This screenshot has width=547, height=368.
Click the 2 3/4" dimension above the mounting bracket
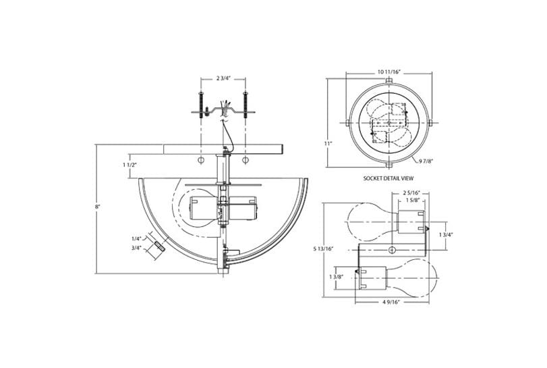223,78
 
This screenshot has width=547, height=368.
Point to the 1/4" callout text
136,238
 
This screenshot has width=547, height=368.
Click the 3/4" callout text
136,248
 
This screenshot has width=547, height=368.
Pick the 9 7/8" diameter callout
425,161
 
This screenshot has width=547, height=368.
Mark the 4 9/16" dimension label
392,302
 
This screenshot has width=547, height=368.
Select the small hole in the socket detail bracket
391,251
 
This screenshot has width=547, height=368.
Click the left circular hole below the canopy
201,161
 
